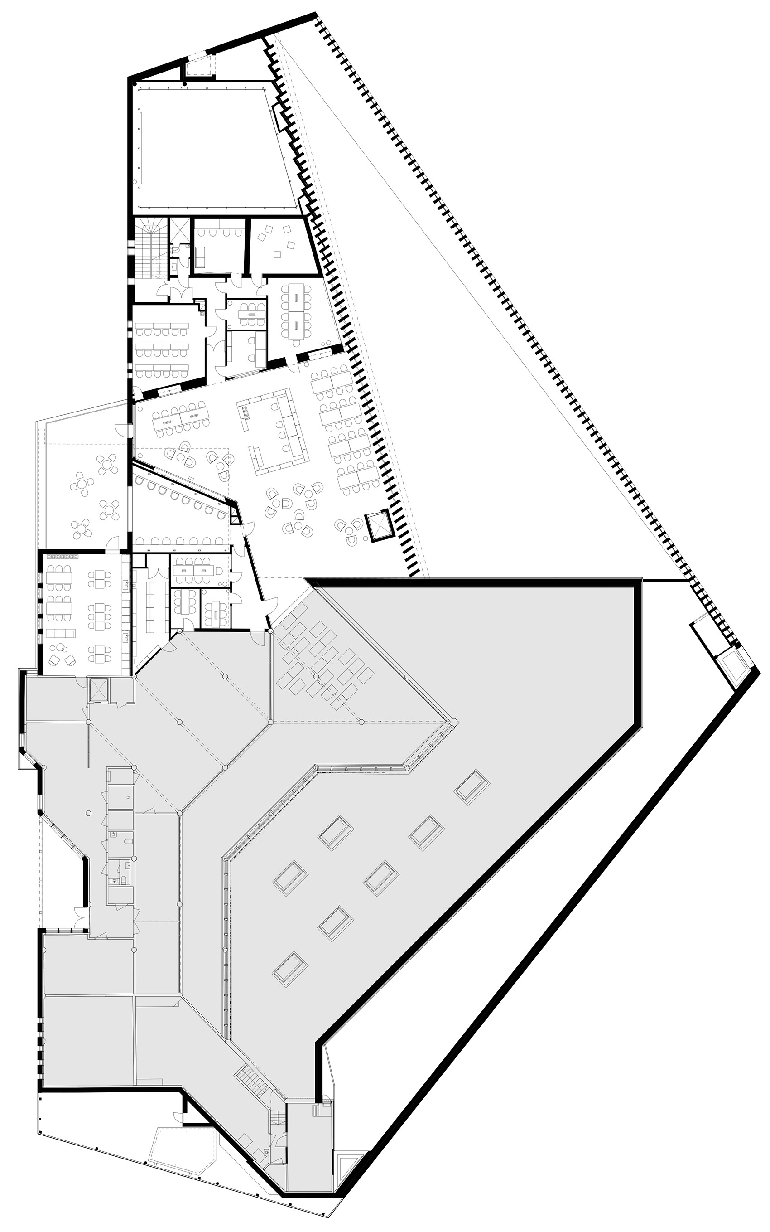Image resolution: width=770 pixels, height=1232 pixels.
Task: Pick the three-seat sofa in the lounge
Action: (x=61, y=633)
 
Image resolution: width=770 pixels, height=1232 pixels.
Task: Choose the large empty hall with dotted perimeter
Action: (x=214, y=148)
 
